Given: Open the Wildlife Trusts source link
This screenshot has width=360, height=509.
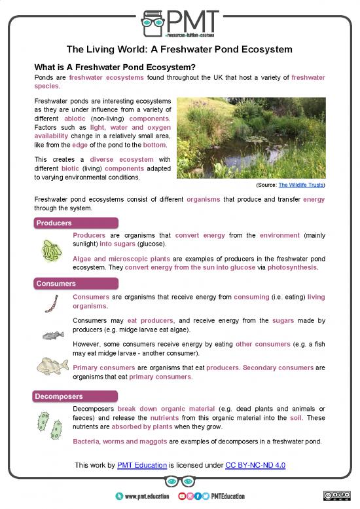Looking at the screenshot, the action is point(302,185).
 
